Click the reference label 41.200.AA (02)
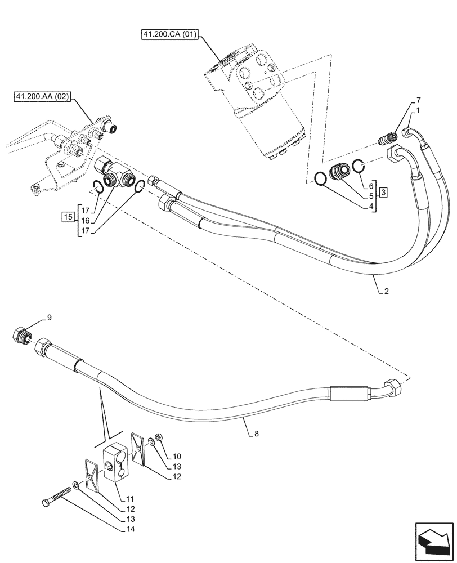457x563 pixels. point(42,97)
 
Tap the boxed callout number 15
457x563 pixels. point(68,216)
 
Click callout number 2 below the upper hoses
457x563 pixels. point(386,291)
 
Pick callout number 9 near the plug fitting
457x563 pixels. point(49,318)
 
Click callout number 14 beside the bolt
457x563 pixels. point(131,529)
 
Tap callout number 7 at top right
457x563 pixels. point(418,100)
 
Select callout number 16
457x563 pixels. point(84,221)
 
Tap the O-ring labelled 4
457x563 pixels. point(320,178)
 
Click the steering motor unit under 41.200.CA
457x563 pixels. point(256,104)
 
